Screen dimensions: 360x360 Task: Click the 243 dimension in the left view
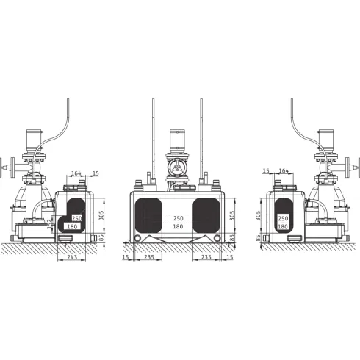(72, 257)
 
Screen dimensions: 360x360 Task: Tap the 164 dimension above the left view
(76, 173)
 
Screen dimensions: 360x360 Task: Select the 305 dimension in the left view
(101, 215)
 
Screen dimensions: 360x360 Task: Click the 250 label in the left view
(77, 218)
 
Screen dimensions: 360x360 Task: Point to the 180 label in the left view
(72, 226)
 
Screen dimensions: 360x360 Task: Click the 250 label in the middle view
(178, 218)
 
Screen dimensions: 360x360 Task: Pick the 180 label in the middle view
(178, 226)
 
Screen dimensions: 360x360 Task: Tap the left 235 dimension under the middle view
(149, 257)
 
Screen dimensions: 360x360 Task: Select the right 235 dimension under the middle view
(206, 257)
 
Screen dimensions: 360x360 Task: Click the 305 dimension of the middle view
(232, 215)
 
